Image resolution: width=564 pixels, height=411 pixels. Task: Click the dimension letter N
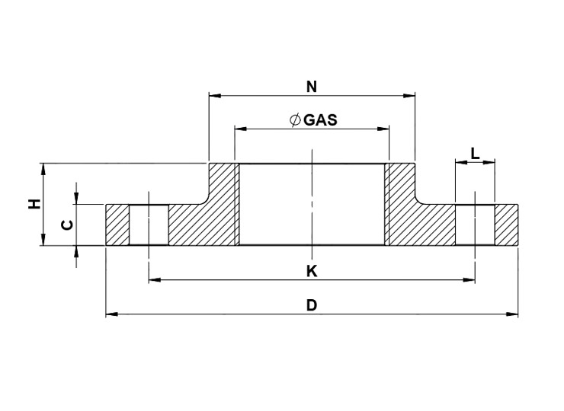click(x=312, y=87)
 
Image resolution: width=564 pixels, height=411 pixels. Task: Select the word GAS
click(x=320, y=120)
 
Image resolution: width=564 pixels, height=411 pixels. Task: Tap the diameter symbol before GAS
click(x=295, y=120)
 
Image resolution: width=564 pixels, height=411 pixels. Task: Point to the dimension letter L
click(x=475, y=154)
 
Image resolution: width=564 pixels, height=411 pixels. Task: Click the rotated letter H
click(x=34, y=204)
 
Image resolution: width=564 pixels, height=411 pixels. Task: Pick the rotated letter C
click(x=68, y=225)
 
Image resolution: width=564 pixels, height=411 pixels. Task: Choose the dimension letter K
click(x=312, y=271)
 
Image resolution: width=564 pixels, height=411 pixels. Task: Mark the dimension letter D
click(x=312, y=305)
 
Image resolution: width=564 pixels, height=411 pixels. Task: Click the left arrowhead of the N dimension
click(x=215, y=96)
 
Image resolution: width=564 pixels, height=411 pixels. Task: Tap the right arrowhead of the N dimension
click(x=409, y=96)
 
